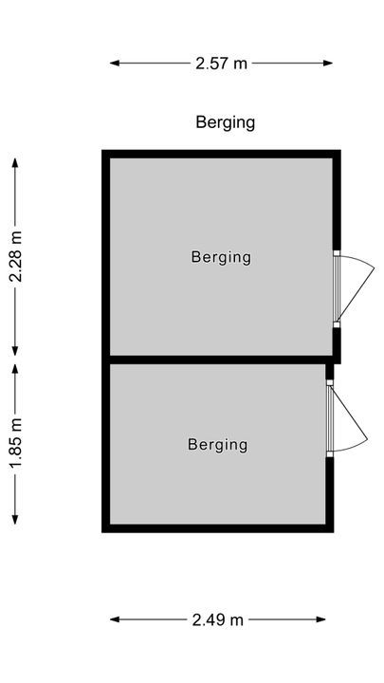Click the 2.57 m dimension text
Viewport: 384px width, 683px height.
coord(221,64)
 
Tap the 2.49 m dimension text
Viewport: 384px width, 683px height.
coord(218,619)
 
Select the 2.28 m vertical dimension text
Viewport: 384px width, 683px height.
coord(16,256)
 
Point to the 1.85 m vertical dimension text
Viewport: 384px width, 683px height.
coord(16,444)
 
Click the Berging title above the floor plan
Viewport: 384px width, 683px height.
coord(225,122)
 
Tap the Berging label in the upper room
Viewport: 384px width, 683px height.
coord(221,257)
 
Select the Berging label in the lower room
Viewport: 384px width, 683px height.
coord(218,445)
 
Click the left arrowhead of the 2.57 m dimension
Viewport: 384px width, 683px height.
coord(114,64)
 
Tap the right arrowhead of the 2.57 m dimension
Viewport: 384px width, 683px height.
coord(328,64)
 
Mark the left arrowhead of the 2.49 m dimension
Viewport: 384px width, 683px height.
coord(114,619)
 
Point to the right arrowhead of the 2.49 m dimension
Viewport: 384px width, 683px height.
coord(320,619)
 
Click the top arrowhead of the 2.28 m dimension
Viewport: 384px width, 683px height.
coord(15,162)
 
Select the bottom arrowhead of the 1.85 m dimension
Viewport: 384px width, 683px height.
coord(15,520)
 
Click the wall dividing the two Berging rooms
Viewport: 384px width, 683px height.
coord(218,360)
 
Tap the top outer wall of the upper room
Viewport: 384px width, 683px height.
coord(221,155)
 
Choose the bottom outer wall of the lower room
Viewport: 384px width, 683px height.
coord(218,528)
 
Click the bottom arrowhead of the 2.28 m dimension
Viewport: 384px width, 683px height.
coord(15,351)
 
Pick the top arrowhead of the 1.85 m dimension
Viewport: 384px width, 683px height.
coord(15,369)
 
